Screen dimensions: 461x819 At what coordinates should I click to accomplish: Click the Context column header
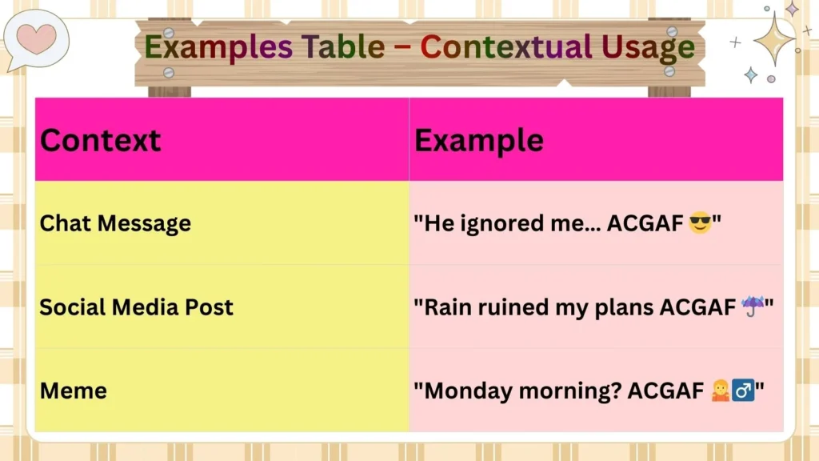coord(100,140)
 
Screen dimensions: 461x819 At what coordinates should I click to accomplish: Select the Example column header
coord(478,140)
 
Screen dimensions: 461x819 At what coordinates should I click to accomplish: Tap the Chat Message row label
coord(115,223)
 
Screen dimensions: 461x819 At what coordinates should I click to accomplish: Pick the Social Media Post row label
coord(136,307)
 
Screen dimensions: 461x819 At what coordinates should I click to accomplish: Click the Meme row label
coord(73,391)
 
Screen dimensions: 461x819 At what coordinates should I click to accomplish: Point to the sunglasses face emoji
coord(699,223)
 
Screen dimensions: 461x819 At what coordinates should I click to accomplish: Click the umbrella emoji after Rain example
coord(753,306)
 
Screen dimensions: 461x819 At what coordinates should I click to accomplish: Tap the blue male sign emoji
coord(743,391)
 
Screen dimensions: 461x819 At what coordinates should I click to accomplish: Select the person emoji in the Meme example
coord(720,391)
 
